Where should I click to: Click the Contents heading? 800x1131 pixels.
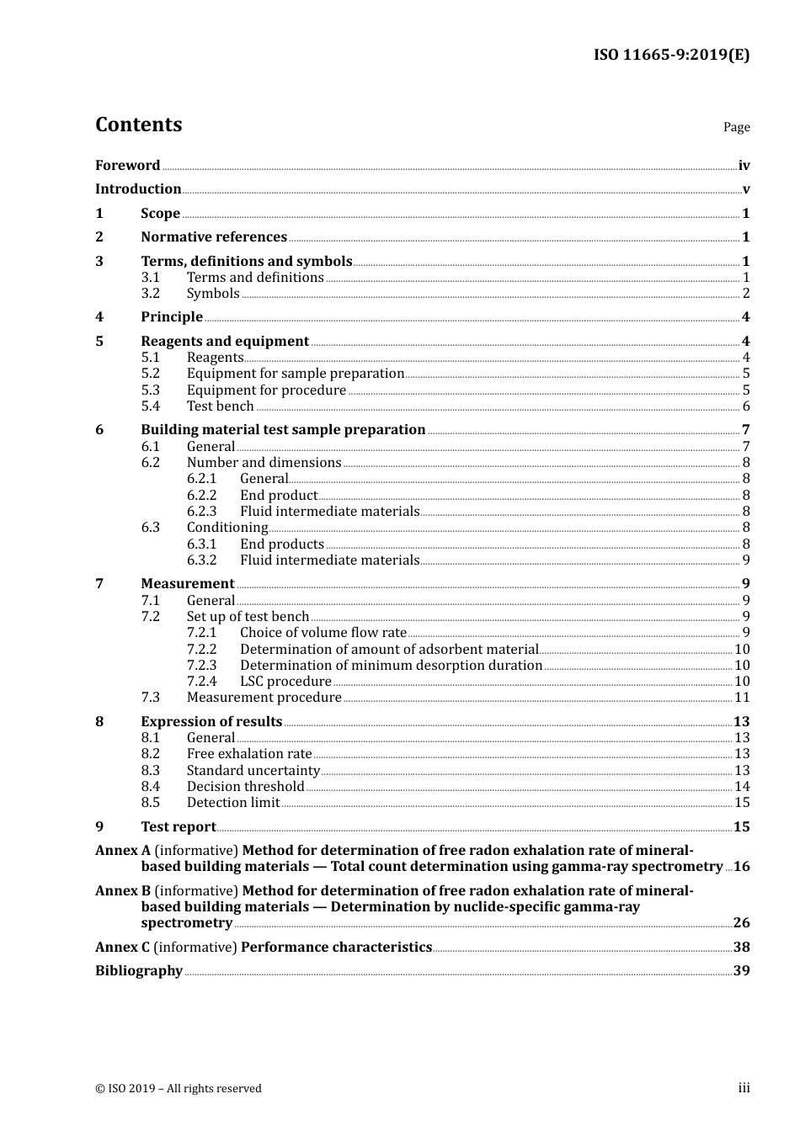(x=138, y=125)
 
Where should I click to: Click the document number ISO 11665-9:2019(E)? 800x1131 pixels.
(x=671, y=56)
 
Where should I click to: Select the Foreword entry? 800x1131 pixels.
(x=127, y=165)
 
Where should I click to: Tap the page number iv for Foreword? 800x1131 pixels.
(x=744, y=165)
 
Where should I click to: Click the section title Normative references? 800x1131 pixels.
(x=214, y=237)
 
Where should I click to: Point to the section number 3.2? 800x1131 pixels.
(x=150, y=294)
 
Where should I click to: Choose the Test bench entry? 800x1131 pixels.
(x=220, y=406)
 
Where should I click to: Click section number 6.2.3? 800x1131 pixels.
(x=201, y=512)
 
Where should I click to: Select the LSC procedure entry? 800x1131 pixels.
(x=285, y=682)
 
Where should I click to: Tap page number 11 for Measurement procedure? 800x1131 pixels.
(x=742, y=698)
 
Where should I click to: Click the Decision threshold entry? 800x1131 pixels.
(x=245, y=787)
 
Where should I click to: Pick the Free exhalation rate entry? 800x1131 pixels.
(x=249, y=754)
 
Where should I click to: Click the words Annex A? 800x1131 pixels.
(x=123, y=851)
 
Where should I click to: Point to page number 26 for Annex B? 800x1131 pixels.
(x=741, y=923)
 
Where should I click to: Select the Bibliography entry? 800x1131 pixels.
(x=139, y=971)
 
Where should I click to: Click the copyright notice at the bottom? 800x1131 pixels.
(x=179, y=1089)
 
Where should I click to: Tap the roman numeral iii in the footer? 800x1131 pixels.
(x=744, y=1088)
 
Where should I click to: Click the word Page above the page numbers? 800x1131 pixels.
(x=736, y=127)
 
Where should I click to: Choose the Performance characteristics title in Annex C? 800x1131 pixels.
(x=336, y=948)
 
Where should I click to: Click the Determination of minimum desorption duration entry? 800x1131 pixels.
(x=391, y=666)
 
